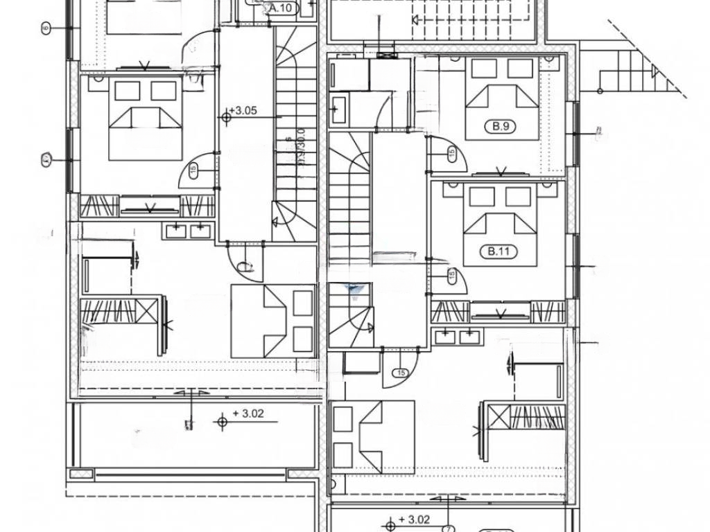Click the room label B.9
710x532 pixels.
(x=501, y=127)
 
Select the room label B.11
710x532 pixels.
(x=501, y=252)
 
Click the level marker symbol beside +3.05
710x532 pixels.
(x=227, y=117)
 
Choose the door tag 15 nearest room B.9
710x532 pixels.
(x=451, y=152)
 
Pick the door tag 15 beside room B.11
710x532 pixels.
(x=451, y=276)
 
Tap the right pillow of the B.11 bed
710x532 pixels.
(x=518, y=197)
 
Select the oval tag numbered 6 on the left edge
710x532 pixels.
(x=46, y=28)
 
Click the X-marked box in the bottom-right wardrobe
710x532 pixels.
(x=498, y=417)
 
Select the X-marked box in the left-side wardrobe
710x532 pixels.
(x=147, y=310)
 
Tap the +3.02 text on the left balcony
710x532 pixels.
(x=248, y=414)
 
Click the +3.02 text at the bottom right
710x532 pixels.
(x=417, y=519)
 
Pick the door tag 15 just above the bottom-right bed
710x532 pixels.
(x=400, y=373)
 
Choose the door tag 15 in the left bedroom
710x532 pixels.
(x=193, y=169)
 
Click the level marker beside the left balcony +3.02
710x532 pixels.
(x=223, y=420)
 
